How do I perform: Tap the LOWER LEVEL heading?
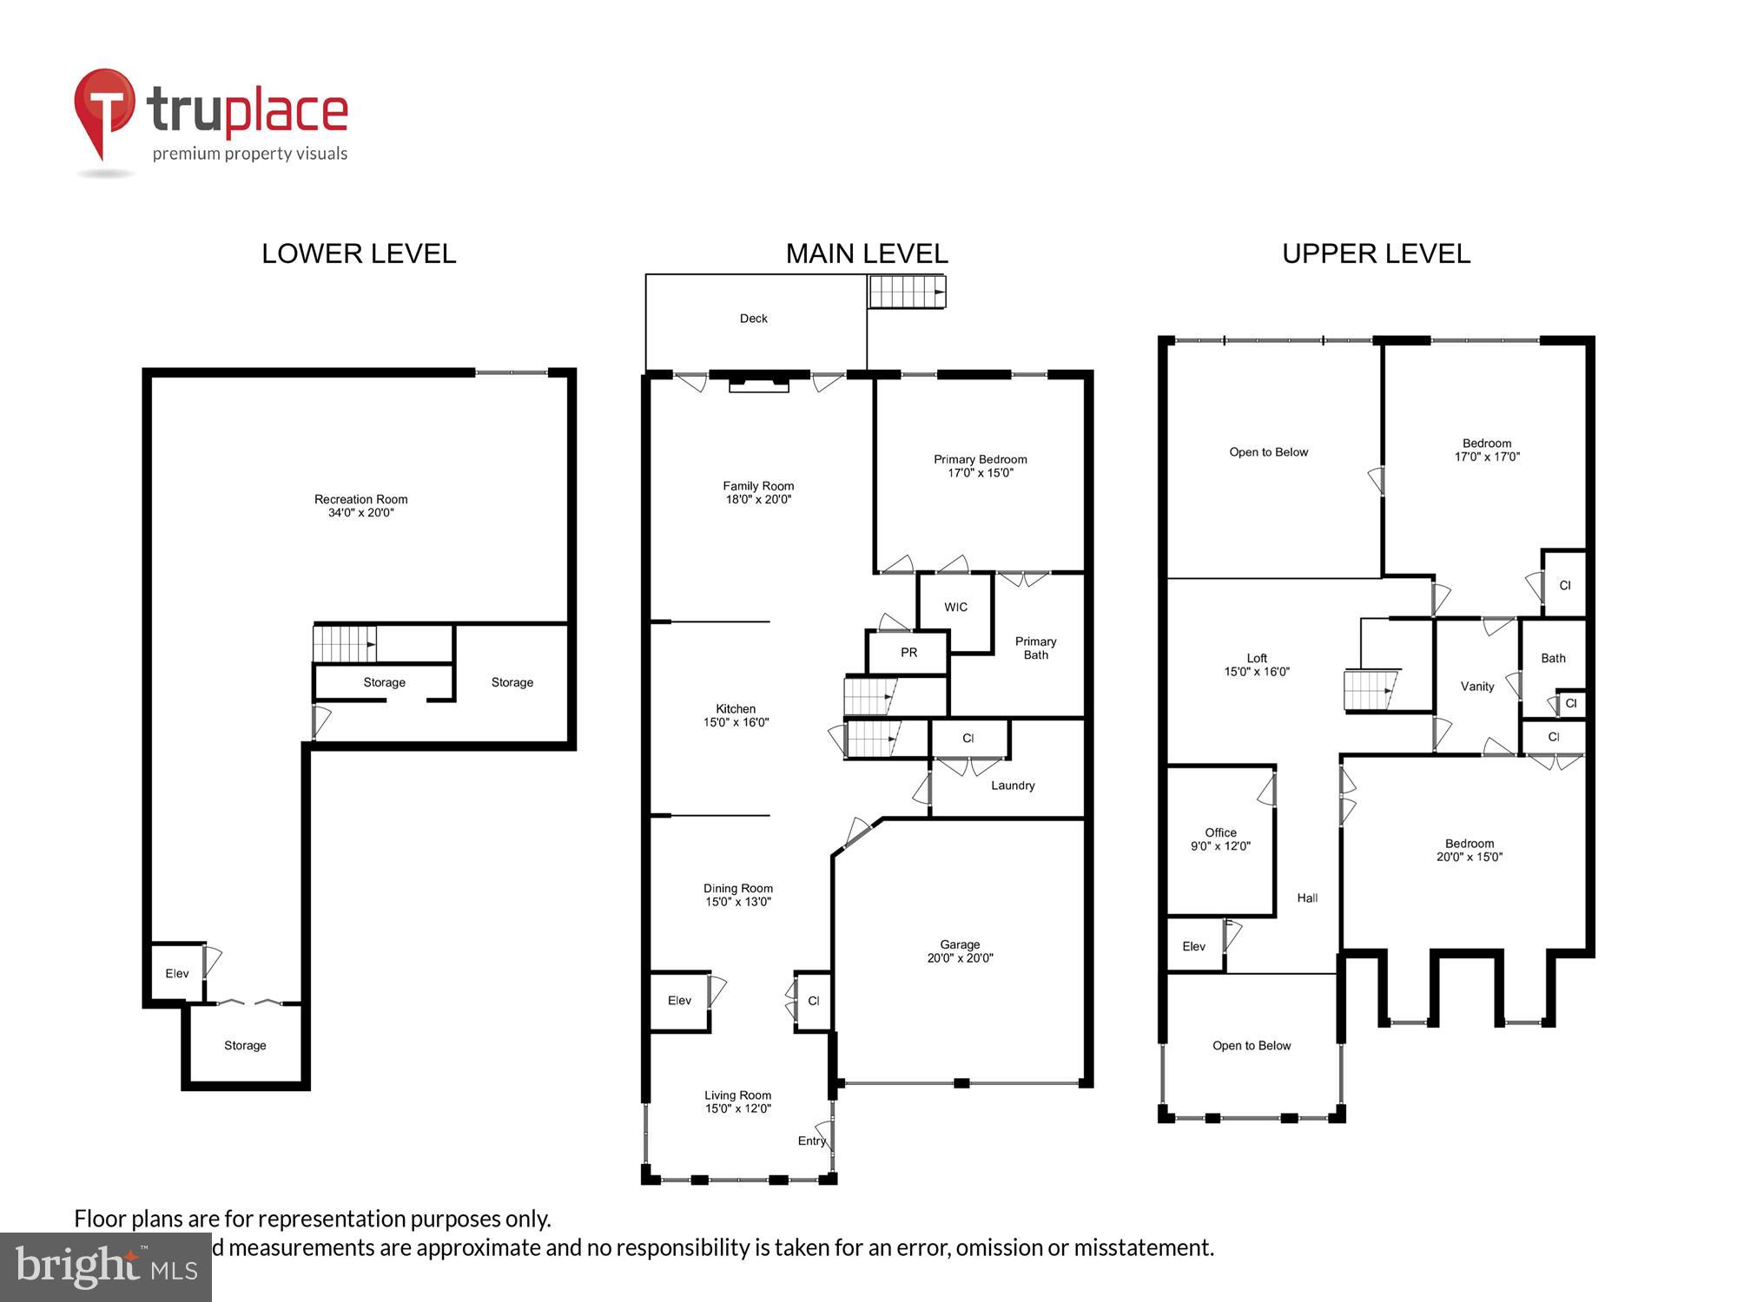(359, 253)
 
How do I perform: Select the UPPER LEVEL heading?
(1376, 253)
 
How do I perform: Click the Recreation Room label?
(360, 499)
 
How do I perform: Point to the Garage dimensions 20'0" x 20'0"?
(960, 958)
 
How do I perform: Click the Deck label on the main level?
(753, 319)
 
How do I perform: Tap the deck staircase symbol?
(907, 292)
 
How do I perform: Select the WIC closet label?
(955, 608)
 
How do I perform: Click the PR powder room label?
(908, 653)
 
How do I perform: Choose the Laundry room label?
(1013, 786)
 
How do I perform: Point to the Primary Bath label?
(1035, 648)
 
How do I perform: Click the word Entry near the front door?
(811, 1141)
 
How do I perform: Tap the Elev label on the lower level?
(176, 974)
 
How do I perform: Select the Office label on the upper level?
(1220, 832)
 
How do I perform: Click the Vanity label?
(1476, 687)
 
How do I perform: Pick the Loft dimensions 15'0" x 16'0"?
(1257, 672)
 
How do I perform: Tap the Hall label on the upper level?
(1307, 898)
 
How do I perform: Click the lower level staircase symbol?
(345, 644)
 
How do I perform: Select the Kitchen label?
(736, 709)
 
